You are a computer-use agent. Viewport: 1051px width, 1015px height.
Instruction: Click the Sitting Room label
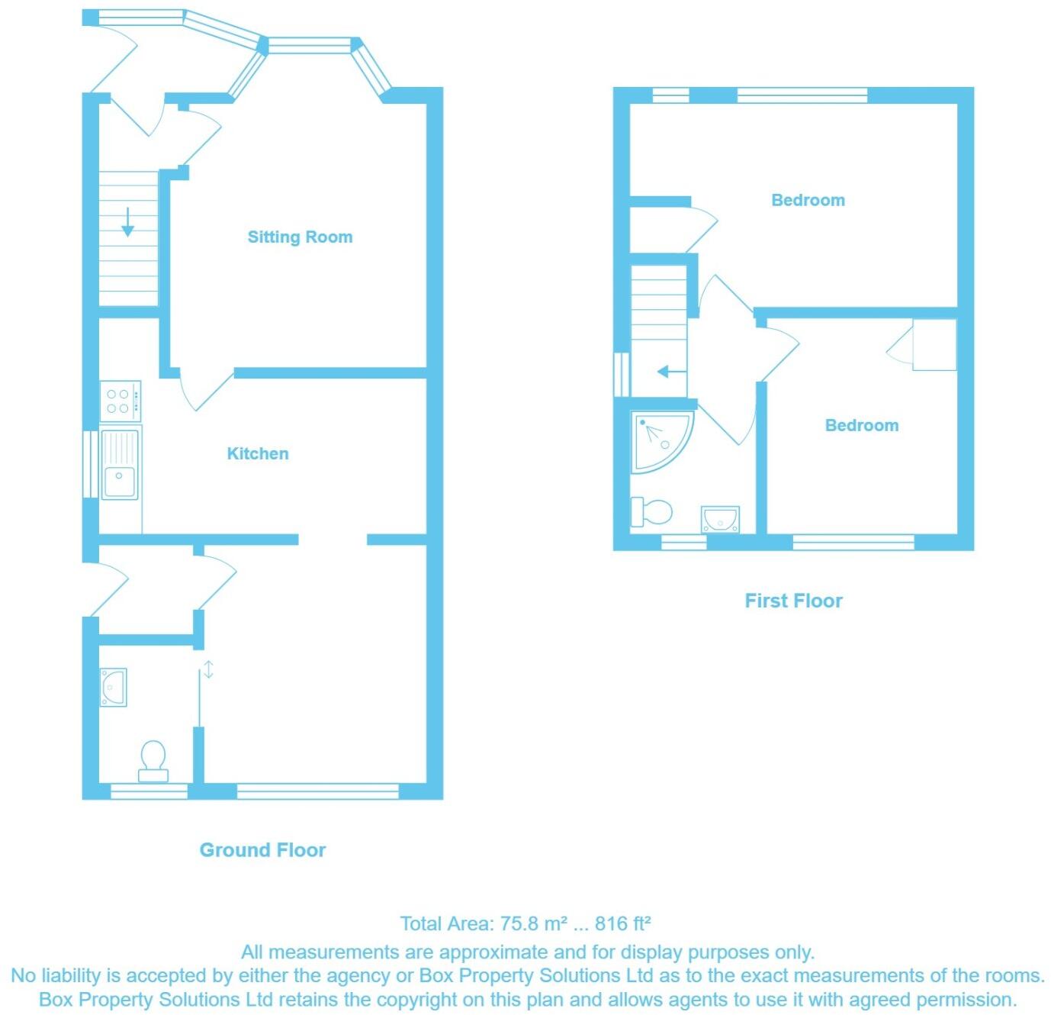(300, 237)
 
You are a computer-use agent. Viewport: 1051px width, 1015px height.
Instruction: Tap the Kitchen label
(258, 453)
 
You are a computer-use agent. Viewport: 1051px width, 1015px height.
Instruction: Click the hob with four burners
(121, 401)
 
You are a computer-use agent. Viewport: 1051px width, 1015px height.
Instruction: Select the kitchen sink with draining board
(121, 464)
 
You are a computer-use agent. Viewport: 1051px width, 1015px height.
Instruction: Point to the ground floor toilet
(153, 761)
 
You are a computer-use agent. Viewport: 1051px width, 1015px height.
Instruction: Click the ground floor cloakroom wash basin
(113, 687)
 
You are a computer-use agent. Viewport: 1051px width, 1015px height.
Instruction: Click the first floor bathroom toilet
(651, 512)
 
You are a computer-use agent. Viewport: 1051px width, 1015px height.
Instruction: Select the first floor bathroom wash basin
(720, 519)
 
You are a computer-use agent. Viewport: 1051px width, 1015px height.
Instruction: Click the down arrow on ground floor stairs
(127, 222)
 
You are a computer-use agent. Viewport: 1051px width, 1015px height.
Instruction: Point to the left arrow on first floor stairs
(671, 372)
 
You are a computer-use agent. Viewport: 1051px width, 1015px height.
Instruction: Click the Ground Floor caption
(262, 850)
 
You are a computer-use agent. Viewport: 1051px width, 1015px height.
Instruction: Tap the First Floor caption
(793, 601)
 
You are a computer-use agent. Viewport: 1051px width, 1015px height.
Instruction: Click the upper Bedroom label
(808, 200)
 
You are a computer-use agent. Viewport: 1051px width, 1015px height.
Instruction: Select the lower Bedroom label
(861, 425)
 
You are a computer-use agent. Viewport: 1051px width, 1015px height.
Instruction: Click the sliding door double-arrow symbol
(208, 670)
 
